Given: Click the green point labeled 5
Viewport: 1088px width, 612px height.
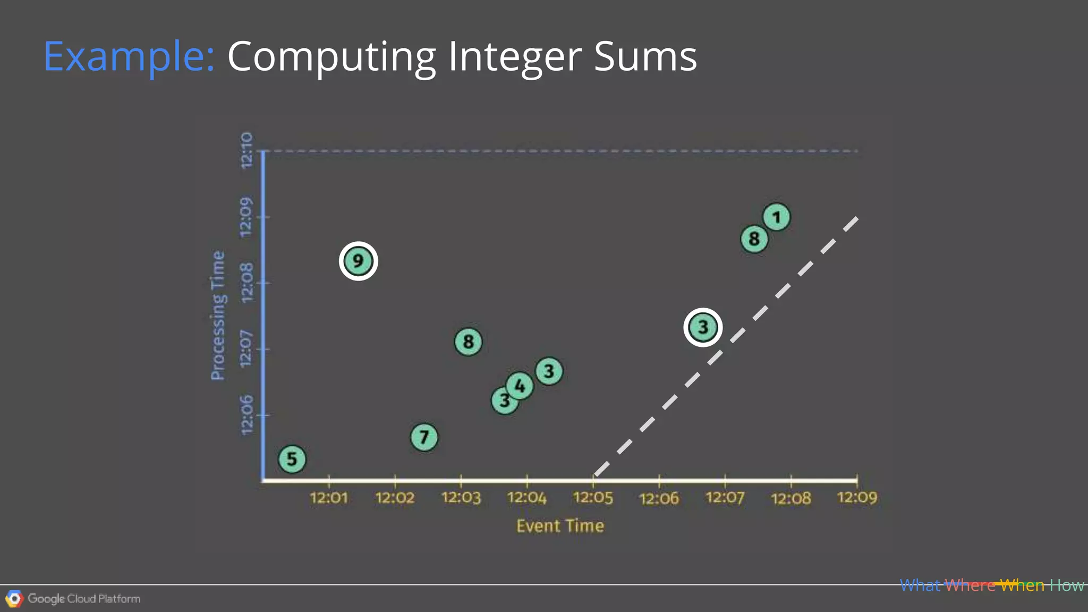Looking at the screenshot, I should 292,459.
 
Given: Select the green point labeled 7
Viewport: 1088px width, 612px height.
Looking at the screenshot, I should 424,437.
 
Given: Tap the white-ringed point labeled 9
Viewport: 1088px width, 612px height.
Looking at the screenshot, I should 358,261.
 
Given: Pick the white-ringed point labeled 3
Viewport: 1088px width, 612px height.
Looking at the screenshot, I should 703,327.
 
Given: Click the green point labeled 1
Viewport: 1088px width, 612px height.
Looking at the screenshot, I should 777,217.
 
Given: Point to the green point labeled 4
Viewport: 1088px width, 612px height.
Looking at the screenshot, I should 520,386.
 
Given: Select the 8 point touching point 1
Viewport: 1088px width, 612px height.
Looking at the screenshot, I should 754,239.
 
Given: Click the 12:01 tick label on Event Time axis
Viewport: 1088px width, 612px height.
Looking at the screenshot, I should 329,498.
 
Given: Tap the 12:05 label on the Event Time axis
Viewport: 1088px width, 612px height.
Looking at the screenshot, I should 593,498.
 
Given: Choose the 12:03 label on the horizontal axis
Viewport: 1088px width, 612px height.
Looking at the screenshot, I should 461,498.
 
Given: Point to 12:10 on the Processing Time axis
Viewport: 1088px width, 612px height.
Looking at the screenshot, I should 246,151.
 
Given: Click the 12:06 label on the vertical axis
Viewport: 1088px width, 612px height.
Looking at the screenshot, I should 246,415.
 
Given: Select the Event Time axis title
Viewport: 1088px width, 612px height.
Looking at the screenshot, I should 560,526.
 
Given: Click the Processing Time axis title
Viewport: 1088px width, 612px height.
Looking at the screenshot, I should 218,316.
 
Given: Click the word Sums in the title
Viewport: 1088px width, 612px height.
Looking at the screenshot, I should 645,56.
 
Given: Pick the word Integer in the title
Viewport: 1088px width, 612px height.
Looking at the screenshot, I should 515,57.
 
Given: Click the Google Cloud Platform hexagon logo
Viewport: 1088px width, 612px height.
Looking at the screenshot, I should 14,599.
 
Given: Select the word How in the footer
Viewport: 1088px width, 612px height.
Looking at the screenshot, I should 1067,585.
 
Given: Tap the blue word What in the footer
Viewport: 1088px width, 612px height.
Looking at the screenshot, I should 920,585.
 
